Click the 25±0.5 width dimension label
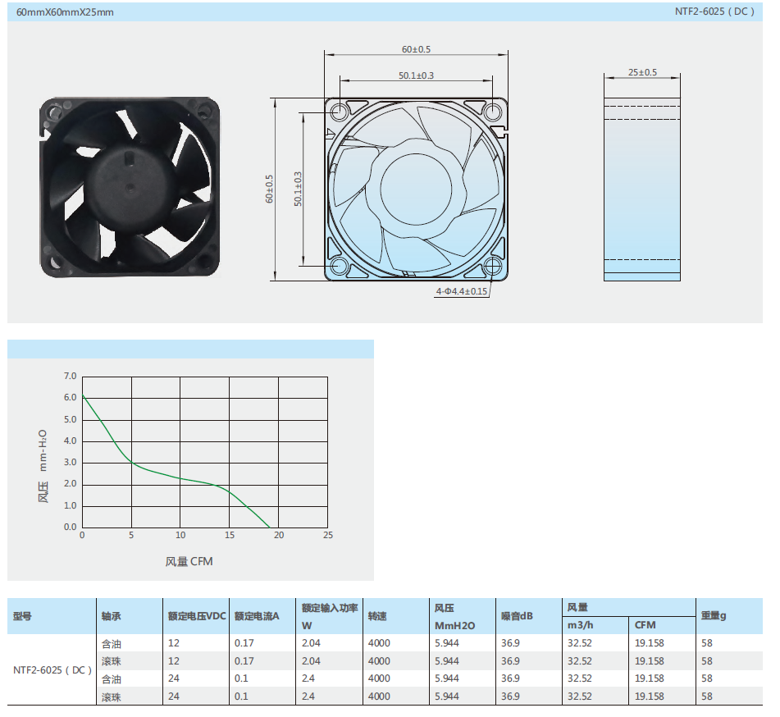(642, 72)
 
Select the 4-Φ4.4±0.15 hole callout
(461, 291)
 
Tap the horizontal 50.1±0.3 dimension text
(416, 75)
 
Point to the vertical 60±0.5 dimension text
(269, 189)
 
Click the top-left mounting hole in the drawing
(340, 112)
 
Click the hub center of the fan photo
(130, 188)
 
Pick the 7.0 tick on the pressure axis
(71, 377)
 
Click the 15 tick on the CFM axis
(230, 535)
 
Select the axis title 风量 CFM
(189, 561)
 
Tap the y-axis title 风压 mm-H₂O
(43, 466)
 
